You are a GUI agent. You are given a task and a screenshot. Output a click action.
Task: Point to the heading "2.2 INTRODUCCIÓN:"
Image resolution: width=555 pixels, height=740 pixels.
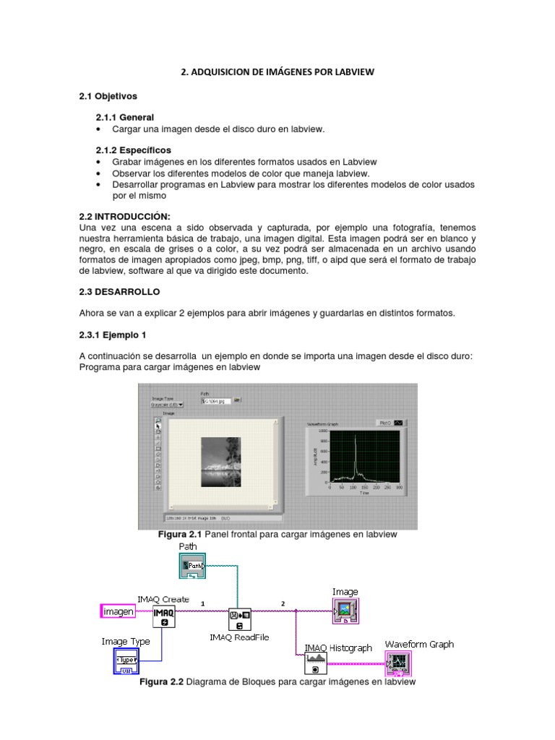click(x=124, y=216)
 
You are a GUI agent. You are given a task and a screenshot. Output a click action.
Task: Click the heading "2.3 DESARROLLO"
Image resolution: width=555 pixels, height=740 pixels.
click(x=119, y=292)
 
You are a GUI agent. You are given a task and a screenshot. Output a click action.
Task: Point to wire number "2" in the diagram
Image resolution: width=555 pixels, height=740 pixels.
click(x=283, y=603)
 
